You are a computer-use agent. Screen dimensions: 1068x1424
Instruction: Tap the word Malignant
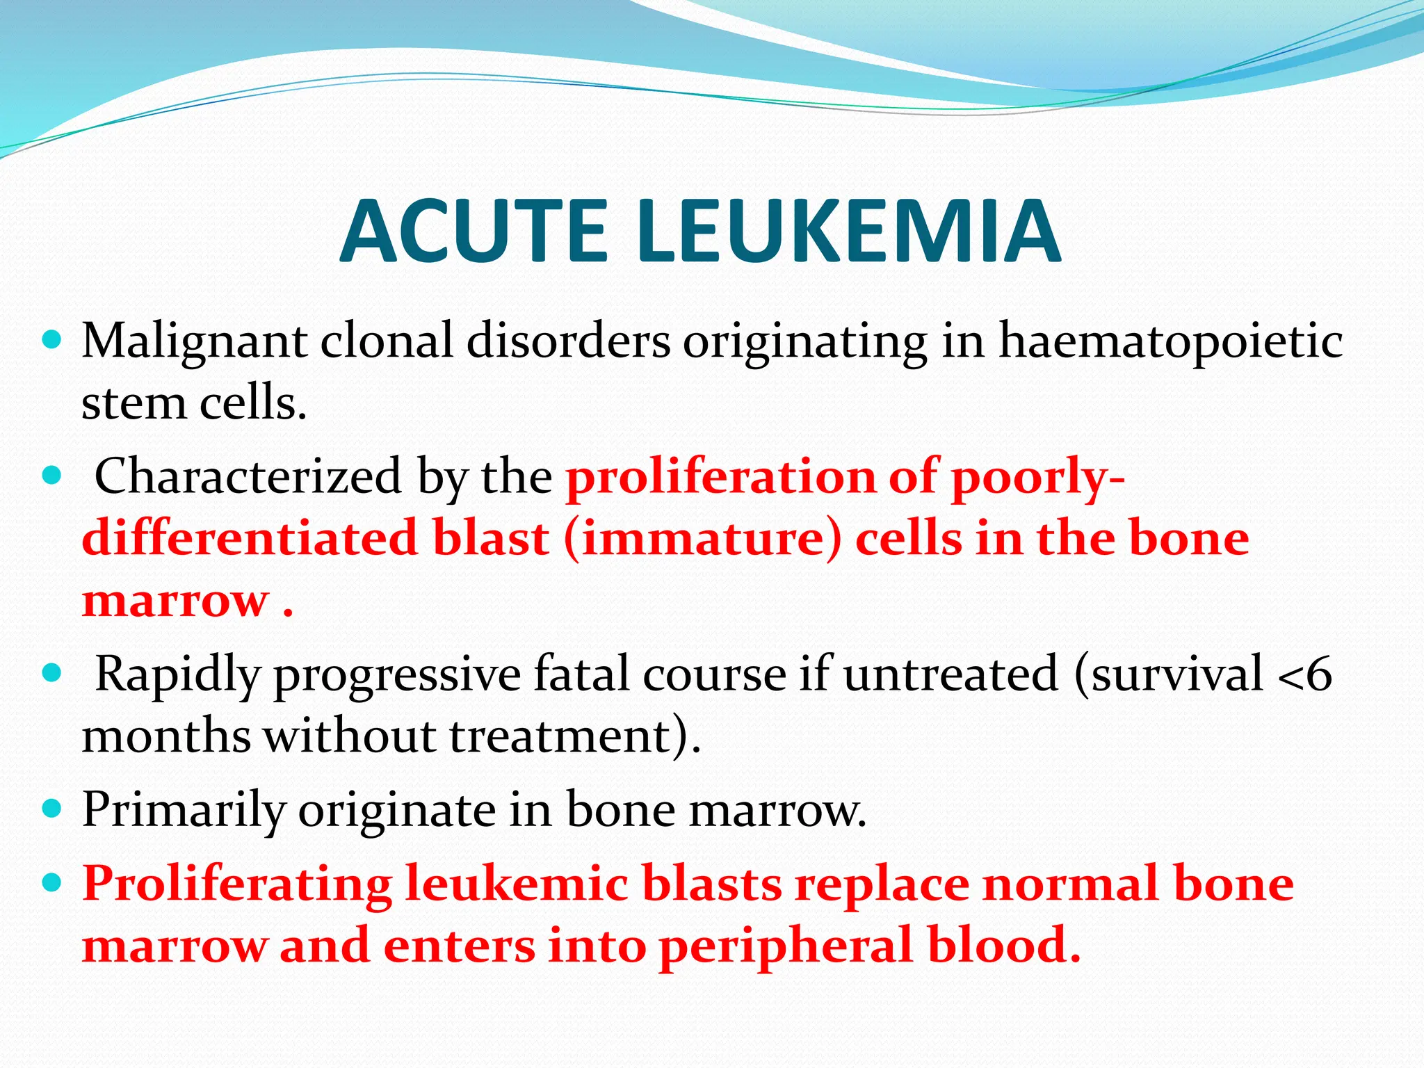click(x=194, y=342)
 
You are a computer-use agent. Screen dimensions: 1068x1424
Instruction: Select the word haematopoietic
click(x=1170, y=342)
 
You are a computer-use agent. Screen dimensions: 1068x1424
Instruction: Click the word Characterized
click(x=248, y=477)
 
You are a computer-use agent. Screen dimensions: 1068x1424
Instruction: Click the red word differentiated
click(x=250, y=539)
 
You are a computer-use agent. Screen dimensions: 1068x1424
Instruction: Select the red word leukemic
click(x=517, y=884)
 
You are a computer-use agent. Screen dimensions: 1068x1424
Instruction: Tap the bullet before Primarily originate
click(x=52, y=809)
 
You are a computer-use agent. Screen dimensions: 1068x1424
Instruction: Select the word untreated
click(x=950, y=674)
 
